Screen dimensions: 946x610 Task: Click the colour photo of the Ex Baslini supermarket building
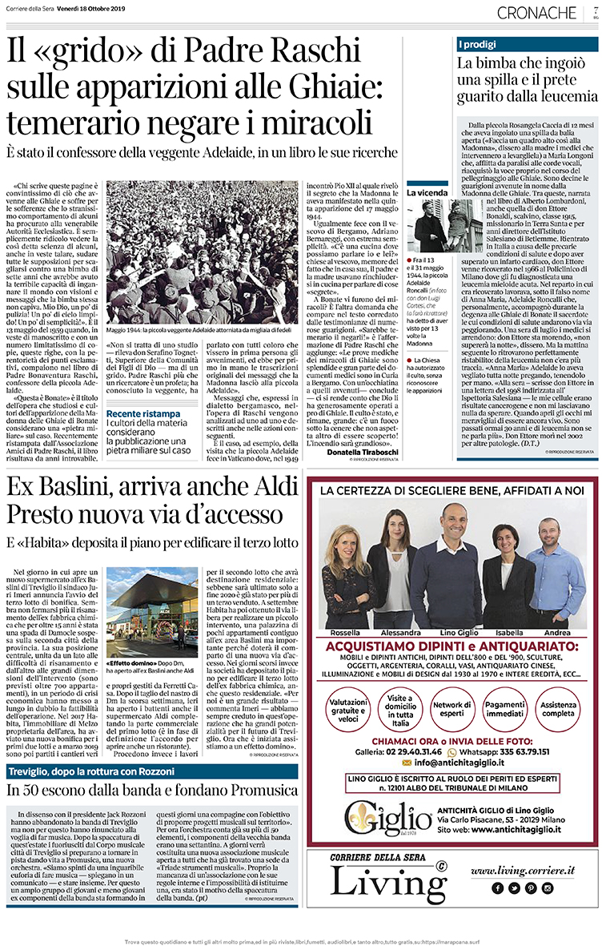click(x=151, y=609)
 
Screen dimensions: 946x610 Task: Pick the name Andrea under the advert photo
click(x=557, y=632)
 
